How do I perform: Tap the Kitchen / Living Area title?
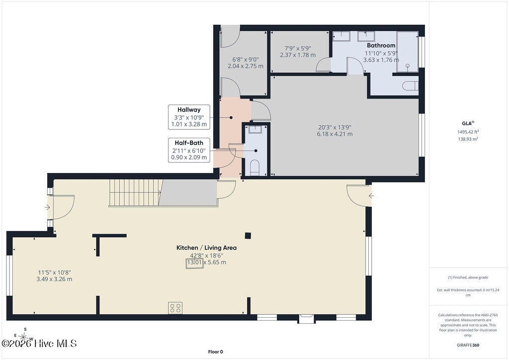pyautogui.click(x=206, y=248)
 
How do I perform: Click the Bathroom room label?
pyautogui.click(x=381, y=45)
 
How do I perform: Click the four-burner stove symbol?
pyautogui.click(x=175, y=308)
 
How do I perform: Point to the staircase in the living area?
pyautogui.click(x=135, y=193)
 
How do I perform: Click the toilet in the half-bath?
pyautogui.click(x=255, y=167)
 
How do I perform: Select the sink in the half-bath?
pyautogui.click(x=255, y=129)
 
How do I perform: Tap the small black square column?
pyautogui.click(x=248, y=236)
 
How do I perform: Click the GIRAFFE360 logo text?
pyautogui.click(x=468, y=345)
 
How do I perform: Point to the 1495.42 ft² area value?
pyautogui.click(x=468, y=132)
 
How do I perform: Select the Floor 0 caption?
pyautogui.click(x=216, y=352)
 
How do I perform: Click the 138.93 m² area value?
pyautogui.click(x=468, y=139)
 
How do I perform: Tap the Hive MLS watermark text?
pyautogui.click(x=39, y=344)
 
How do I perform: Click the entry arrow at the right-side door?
pyautogui.click(x=371, y=196)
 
